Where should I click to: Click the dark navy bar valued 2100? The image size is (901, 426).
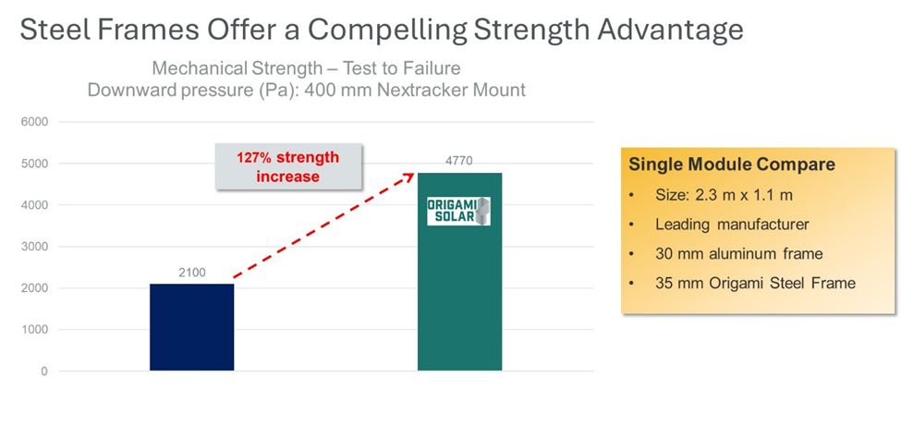[x=192, y=327]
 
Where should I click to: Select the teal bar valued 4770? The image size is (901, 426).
[x=459, y=272]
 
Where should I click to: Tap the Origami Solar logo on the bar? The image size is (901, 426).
[x=458, y=211]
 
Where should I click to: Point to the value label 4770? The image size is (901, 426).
[x=459, y=161]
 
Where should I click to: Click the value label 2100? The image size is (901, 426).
[x=192, y=273]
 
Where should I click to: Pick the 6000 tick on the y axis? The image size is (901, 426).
[x=36, y=122]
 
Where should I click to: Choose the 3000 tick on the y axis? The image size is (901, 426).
[x=36, y=247]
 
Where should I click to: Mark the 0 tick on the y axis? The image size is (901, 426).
[x=45, y=371]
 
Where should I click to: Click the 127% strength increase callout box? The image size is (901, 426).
[x=288, y=166]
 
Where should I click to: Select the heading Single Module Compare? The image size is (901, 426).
[x=732, y=165]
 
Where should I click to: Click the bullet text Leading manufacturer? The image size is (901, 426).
[x=732, y=224]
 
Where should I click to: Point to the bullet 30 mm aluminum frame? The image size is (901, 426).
[x=739, y=253]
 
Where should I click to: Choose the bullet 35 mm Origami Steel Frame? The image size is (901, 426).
[x=755, y=283]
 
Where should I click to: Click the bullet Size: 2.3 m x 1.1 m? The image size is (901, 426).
[x=724, y=195]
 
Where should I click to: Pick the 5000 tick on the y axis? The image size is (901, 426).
[x=36, y=164]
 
